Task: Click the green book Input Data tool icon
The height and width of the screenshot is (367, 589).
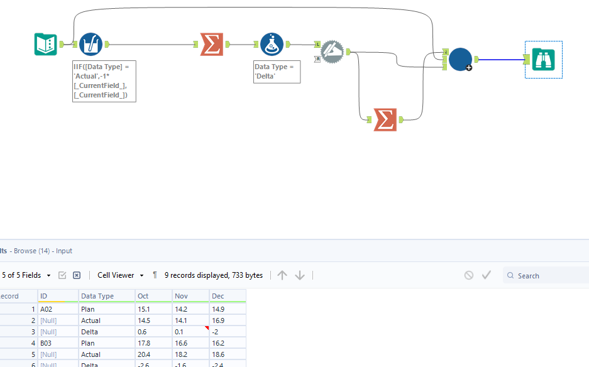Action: click(x=45, y=44)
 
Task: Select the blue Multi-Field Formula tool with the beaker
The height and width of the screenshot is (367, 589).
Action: click(x=91, y=44)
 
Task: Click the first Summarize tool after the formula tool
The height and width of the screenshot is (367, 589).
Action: click(x=212, y=44)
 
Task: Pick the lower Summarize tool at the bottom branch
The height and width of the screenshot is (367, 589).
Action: click(x=385, y=119)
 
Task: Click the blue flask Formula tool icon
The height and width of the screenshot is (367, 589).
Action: click(x=272, y=44)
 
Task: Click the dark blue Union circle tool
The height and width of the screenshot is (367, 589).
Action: click(x=460, y=59)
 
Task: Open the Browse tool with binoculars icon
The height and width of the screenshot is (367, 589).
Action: click(x=543, y=59)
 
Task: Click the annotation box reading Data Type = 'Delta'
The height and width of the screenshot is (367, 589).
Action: click(x=277, y=71)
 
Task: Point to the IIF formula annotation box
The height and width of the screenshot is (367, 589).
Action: click(x=104, y=81)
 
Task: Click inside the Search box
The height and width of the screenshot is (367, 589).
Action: click(x=550, y=275)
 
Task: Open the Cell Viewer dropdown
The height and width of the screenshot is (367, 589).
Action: click(x=121, y=275)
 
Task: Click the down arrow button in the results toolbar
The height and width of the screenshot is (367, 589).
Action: click(x=300, y=275)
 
